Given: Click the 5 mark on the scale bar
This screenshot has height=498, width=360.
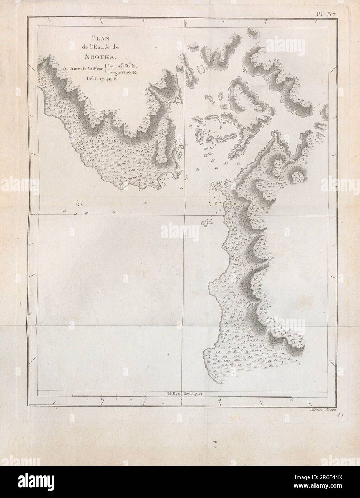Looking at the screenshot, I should (x=146, y=399).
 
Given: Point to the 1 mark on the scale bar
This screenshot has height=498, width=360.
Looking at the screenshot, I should (x=87, y=399).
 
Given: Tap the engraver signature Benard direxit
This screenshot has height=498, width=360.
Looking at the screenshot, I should (x=320, y=410).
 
